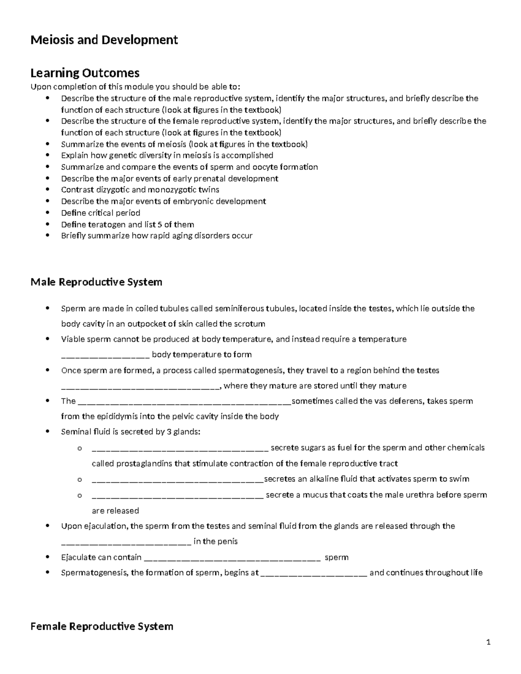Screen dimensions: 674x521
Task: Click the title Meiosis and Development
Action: click(104, 40)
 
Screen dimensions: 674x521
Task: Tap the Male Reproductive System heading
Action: click(96, 282)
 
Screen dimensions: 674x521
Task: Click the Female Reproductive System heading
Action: click(102, 626)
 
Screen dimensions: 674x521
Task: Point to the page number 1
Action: click(488, 643)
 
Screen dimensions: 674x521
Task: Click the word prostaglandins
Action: click(144, 464)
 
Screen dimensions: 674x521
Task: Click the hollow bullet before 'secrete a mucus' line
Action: click(79, 495)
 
